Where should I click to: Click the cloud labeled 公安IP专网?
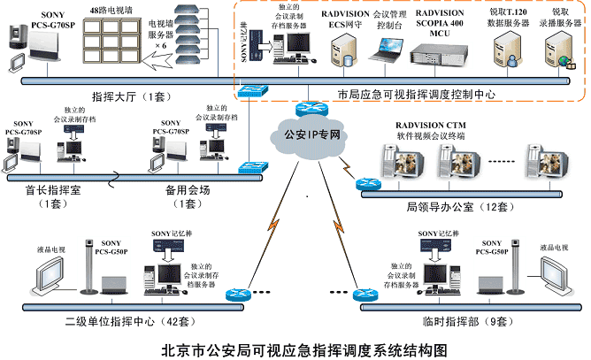[x=301, y=136]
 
